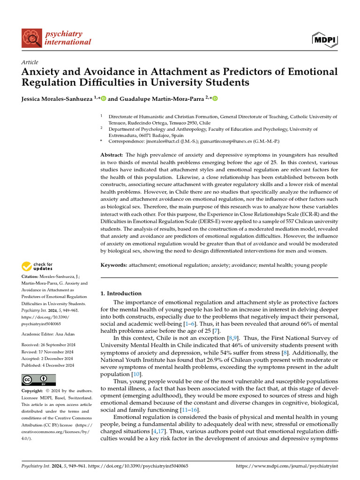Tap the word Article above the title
click(30, 62)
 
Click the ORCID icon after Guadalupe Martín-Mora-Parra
click(216, 98)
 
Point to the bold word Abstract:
click(112, 155)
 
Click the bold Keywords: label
click(114, 265)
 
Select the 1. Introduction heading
click(121, 293)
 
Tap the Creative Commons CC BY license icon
click(39, 380)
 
